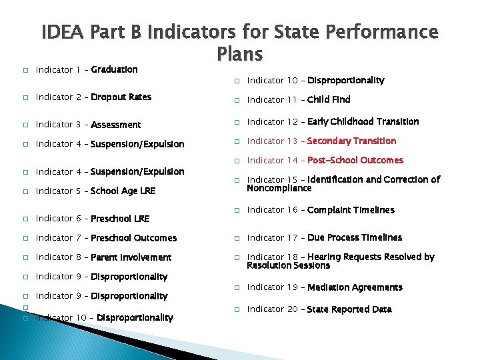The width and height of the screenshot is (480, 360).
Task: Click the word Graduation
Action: pos(114,69)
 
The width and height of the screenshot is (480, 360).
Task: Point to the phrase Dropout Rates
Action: pos(121,97)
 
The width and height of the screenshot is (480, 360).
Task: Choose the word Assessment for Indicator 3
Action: pos(116,125)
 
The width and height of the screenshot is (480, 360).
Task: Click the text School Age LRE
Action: pos(123,191)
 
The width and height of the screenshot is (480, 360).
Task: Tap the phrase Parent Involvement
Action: pos(131,257)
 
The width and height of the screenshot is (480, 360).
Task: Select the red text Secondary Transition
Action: pos(351,141)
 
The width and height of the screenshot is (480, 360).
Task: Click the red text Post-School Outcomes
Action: pos(355,160)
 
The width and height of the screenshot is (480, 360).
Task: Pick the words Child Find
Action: pos(329,100)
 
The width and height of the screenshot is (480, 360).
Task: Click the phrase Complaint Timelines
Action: pos(351,210)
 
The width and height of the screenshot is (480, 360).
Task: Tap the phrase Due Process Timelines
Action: pos(355,237)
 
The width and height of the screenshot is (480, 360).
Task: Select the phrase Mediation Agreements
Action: pos(355,287)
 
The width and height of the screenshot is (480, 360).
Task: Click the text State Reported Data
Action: pos(349,309)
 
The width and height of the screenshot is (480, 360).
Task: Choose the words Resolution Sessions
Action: pos(288,265)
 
